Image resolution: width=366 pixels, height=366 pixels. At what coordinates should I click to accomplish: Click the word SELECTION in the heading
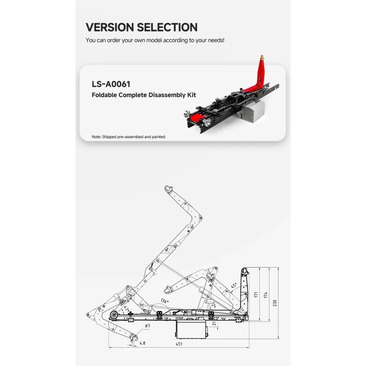(167, 27)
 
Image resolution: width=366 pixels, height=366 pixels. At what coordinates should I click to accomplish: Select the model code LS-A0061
(111, 84)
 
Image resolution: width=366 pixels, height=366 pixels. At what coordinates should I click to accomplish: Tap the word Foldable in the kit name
(104, 95)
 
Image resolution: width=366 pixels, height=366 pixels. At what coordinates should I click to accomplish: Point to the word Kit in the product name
(191, 95)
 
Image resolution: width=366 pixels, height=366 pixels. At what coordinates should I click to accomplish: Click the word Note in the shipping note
(96, 137)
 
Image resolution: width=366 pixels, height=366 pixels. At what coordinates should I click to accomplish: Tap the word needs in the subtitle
(215, 40)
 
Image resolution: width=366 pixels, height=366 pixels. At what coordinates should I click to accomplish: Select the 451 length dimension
(179, 344)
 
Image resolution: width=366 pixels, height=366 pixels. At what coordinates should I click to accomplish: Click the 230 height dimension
(274, 303)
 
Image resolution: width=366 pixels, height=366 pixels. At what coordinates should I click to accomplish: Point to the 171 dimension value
(256, 295)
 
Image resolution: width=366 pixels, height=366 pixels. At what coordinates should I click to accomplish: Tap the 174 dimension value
(265, 295)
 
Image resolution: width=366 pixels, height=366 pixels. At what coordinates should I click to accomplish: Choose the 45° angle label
(234, 285)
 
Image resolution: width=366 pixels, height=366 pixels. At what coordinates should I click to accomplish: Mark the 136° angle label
(165, 301)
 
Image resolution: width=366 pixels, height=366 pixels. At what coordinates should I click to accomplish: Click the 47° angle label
(126, 308)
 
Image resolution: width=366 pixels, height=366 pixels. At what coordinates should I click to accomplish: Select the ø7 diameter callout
(147, 326)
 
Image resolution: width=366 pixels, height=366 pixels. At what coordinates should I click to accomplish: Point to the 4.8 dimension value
(142, 343)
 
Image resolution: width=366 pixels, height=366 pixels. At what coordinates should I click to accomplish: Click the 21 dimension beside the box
(214, 324)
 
